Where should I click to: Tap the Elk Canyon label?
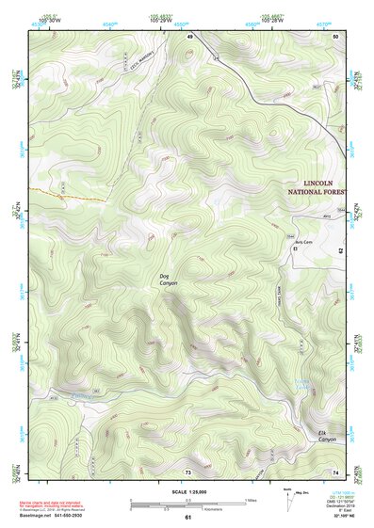326,436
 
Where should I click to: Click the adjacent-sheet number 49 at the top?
189,36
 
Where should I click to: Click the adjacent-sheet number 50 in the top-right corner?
337,36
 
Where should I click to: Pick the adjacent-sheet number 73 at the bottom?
187,471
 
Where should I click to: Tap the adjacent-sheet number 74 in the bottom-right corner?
337,471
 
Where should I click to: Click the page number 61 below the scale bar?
187,517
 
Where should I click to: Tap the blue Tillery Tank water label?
302,384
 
